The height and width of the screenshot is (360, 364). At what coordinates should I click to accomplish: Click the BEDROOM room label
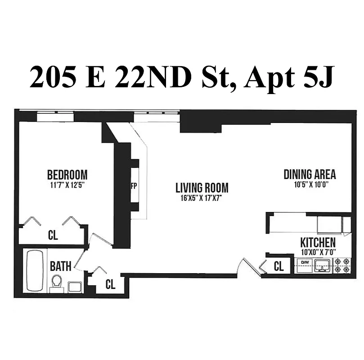pos(67,175)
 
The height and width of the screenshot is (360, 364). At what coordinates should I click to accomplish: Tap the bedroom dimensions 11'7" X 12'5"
pos(67,184)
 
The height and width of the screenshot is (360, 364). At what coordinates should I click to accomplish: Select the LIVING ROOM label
pos(202,188)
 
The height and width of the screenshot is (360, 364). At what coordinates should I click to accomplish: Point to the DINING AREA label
pos(310,175)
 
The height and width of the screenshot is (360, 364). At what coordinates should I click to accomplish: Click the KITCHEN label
pos(318,243)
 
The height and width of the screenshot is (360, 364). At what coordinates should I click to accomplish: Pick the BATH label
pos(60,266)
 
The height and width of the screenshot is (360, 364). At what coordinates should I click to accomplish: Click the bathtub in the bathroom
pos(34,270)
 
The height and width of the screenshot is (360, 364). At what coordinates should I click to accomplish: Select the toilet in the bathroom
pos(57,283)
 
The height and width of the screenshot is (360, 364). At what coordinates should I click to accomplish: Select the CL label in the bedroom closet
pos(53,235)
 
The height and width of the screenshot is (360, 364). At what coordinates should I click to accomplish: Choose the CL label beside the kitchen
pos(279,266)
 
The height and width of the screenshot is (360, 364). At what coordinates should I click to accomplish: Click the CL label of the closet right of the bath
pos(110,284)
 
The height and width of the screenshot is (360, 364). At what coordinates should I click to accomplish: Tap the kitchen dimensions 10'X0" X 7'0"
pos(318,252)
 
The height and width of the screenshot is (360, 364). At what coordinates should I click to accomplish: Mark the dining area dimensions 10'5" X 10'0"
pos(310,184)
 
